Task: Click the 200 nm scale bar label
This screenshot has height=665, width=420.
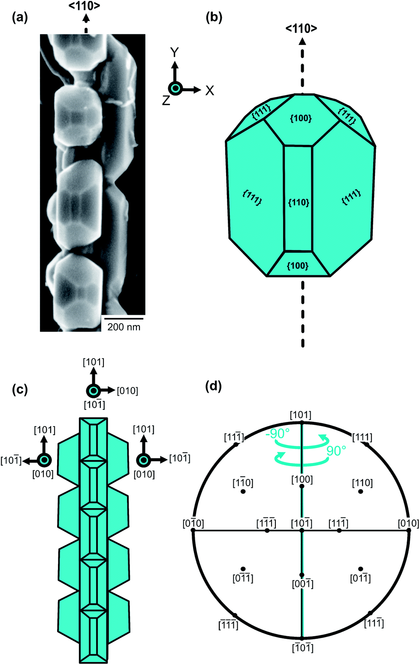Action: (x=124, y=327)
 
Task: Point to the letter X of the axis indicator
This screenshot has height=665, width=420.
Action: (x=209, y=90)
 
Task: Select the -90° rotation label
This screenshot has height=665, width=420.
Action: (x=278, y=433)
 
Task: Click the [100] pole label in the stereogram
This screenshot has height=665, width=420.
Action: (x=302, y=479)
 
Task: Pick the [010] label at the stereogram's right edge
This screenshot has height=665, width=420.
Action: (x=408, y=523)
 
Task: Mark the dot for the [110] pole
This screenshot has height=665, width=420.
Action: (x=360, y=492)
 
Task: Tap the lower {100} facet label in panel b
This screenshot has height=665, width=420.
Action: (x=297, y=266)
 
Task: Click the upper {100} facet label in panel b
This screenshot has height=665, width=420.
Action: (x=300, y=118)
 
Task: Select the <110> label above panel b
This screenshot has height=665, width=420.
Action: (x=302, y=29)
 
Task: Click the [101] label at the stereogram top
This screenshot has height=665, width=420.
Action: (x=301, y=415)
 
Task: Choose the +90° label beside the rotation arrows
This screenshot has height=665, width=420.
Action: (x=336, y=451)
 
